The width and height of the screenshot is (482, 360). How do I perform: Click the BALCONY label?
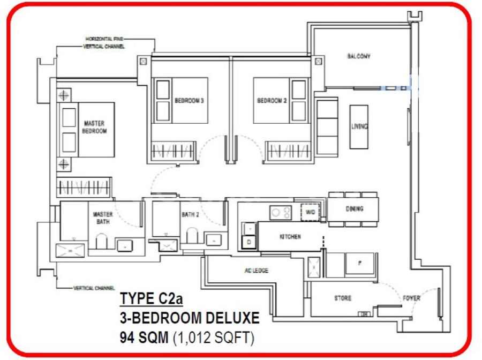[x=358, y=56]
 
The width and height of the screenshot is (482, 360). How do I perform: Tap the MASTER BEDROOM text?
[x=94, y=127]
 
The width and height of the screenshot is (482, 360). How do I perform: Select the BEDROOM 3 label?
[x=189, y=101]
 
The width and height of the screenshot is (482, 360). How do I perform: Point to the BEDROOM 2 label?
[x=272, y=101]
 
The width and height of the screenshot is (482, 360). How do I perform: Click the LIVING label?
[x=359, y=126]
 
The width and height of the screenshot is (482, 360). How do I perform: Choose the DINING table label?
[x=355, y=209]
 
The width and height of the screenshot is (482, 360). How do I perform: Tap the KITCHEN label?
[x=290, y=237]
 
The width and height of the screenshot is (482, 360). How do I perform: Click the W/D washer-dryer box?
[x=310, y=212]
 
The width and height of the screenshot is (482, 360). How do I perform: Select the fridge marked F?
[x=360, y=263]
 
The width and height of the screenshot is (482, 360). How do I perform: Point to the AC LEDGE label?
[x=257, y=271]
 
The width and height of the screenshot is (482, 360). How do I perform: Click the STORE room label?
[x=343, y=298]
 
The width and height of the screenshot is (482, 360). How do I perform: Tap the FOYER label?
[x=411, y=298]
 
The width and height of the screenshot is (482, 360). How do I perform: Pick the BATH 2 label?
[x=190, y=215]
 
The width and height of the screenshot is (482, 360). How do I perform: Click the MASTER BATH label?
[x=103, y=217]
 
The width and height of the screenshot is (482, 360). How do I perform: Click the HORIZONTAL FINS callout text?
[x=104, y=39]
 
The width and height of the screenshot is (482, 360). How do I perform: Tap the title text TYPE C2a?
[x=151, y=298]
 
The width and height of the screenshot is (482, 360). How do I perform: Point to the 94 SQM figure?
[x=144, y=337]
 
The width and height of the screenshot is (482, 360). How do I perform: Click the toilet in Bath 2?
[x=192, y=236]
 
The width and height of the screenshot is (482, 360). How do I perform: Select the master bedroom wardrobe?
[x=84, y=187]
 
